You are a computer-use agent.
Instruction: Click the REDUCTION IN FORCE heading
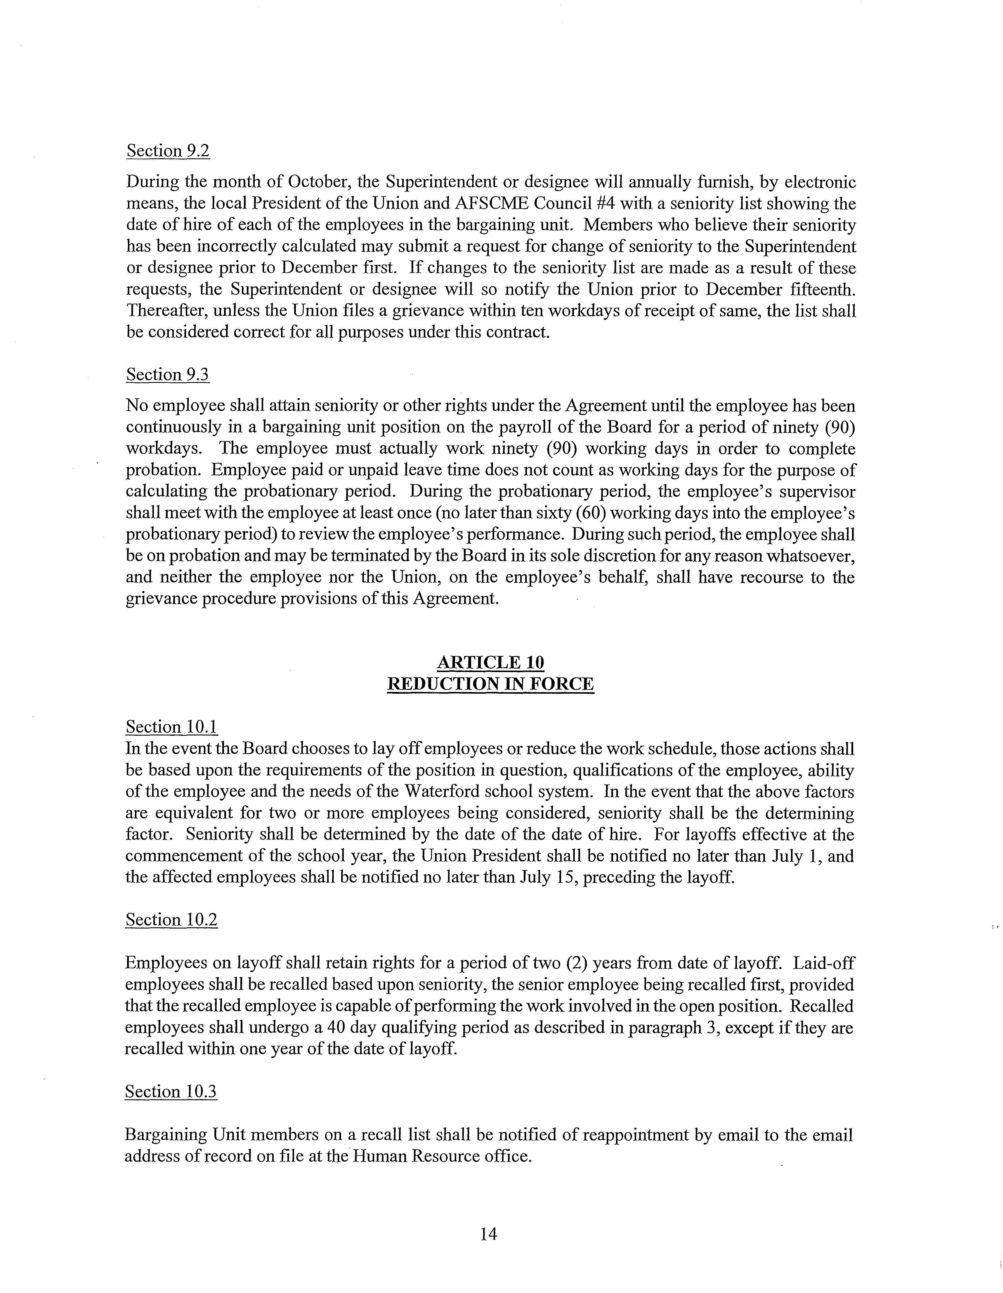click(490, 684)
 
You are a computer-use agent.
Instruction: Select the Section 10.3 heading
click(171, 1092)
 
